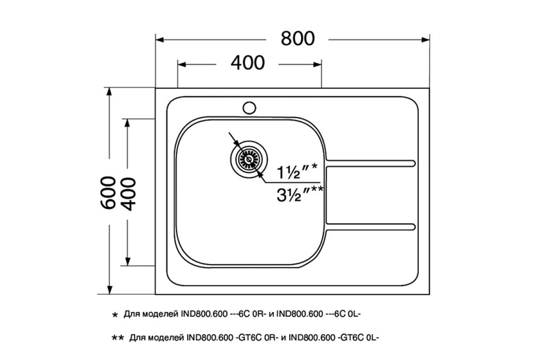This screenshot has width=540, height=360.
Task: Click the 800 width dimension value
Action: coord(298,39)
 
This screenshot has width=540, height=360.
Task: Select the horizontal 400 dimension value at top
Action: coord(247,63)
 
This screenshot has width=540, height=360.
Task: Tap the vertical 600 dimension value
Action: coord(108,193)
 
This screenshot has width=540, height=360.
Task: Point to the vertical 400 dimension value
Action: coord(128,194)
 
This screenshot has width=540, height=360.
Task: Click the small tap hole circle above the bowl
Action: coord(249,108)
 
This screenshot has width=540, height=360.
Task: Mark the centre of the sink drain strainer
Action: coord(249,159)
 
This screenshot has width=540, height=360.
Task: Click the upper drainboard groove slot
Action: coord(370,163)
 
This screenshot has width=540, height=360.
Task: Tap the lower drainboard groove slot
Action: coord(370,227)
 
